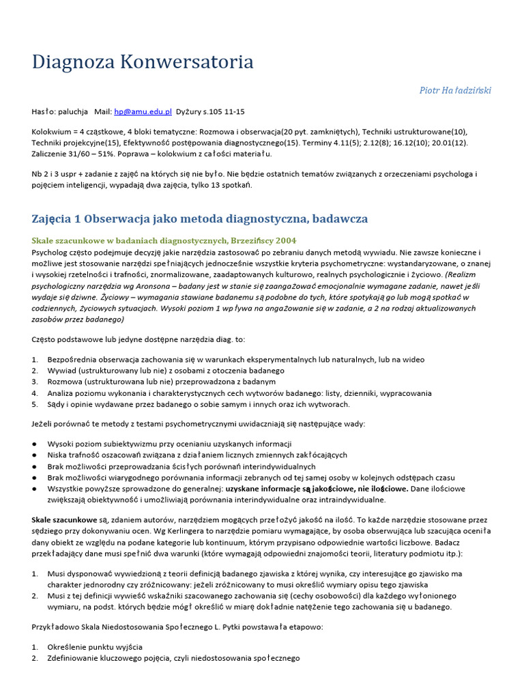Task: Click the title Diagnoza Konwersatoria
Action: click(x=143, y=62)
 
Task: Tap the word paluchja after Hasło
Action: click(x=74, y=111)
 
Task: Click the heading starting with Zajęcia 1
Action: click(x=199, y=218)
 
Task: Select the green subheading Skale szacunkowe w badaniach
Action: click(x=164, y=240)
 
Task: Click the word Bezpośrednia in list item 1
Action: click(x=74, y=360)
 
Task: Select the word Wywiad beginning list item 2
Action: click(x=62, y=371)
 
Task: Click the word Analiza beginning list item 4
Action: click(x=63, y=393)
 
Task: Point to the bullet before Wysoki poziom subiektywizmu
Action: click(x=34, y=444)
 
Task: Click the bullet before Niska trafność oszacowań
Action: click(x=34, y=455)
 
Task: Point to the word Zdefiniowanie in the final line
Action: click(x=77, y=658)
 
